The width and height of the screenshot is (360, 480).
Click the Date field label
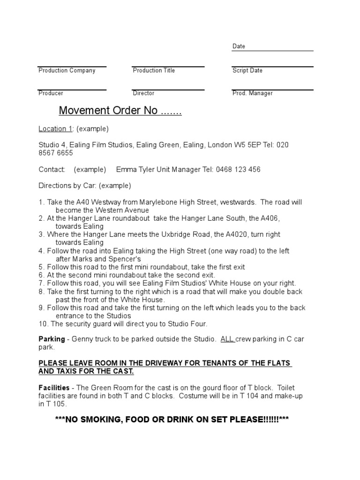(x=239, y=46)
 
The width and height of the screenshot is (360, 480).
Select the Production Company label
(x=67, y=70)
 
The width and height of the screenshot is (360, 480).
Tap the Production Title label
(x=154, y=70)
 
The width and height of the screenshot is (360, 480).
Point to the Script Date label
(x=247, y=70)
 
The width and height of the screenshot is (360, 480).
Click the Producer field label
(x=51, y=93)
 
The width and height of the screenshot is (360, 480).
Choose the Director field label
(x=143, y=93)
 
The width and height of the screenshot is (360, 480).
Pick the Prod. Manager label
(x=252, y=93)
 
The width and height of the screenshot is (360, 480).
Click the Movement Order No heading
(x=120, y=111)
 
